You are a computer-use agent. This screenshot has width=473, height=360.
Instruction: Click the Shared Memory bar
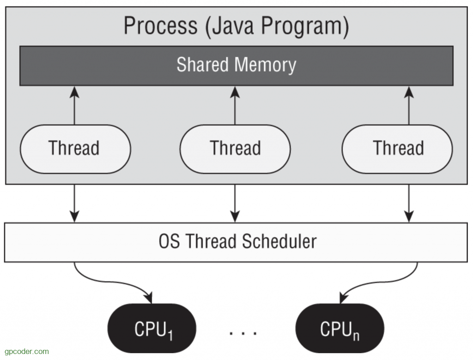(236, 65)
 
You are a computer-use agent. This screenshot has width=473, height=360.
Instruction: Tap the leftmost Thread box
(75, 149)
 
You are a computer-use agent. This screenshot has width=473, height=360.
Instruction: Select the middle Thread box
(235, 149)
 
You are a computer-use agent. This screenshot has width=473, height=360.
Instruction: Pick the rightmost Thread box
(397, 149)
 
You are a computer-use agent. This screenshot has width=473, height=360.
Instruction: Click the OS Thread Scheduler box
(236, 242)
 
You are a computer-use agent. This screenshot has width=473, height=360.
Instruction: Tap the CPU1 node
(152, 329)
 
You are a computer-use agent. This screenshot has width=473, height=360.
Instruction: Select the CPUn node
(339, 329)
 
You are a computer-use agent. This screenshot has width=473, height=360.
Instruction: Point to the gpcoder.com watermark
(25, 352)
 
